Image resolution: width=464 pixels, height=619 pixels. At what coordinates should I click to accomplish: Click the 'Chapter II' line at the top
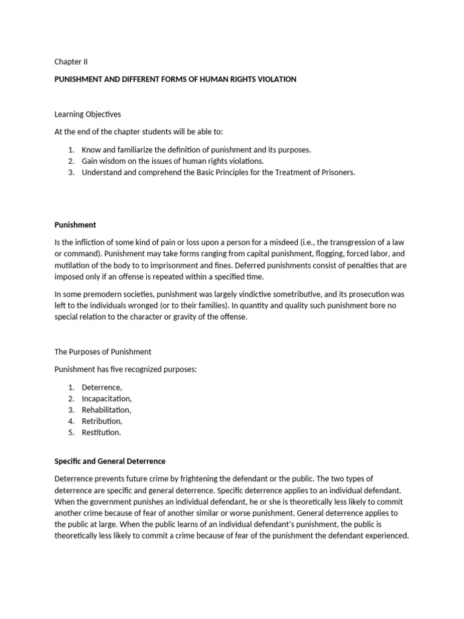point(71,62)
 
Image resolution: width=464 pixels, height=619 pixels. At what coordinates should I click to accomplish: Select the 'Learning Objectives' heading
point(88,114)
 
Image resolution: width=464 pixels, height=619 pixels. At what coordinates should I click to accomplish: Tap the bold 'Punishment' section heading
point(75,225)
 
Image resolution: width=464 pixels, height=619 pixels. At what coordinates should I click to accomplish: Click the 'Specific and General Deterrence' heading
point(110,461)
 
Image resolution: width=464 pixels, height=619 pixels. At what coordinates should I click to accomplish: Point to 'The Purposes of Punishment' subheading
point(103,352)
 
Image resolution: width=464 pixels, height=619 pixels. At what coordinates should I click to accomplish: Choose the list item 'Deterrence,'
point(102,387)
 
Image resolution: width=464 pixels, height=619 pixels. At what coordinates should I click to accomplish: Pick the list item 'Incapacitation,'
point(107,398)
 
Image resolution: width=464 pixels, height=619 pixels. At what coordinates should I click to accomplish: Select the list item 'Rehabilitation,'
point(107,410)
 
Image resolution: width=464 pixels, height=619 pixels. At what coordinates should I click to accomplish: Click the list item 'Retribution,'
point(102,421)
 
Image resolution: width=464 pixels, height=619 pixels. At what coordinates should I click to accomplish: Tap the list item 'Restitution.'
point(101,432)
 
